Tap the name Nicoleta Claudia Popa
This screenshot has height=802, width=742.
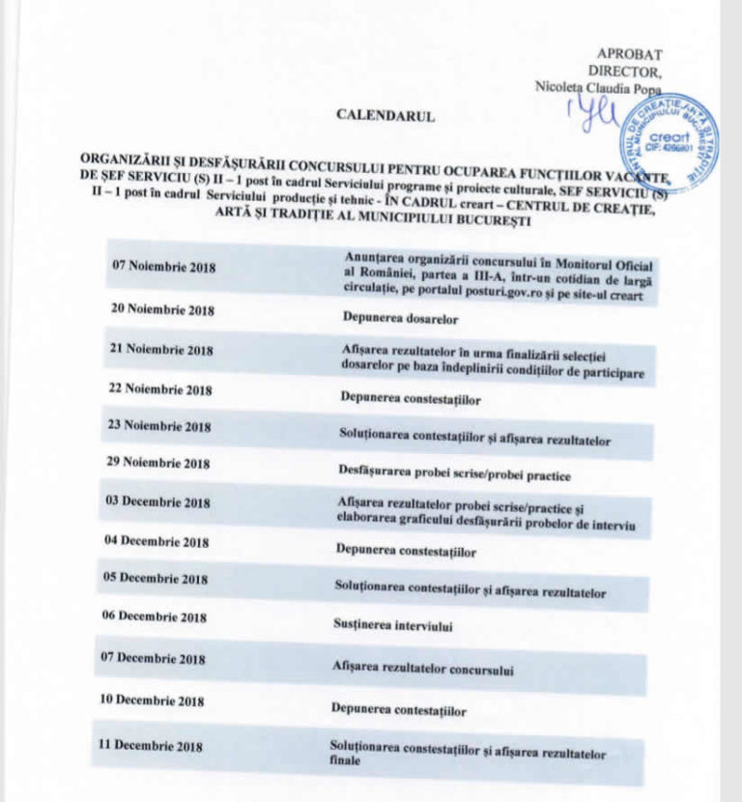click(598, 87)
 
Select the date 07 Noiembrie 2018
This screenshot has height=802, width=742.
click(164, 266)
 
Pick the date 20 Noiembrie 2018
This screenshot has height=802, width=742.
click(163, 311)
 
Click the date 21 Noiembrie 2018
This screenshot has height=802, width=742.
click(162, 350)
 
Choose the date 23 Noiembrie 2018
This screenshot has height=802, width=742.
click(160, 426)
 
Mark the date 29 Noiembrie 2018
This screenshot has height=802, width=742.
click(158, 464)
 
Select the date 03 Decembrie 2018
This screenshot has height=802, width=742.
click(157, 502)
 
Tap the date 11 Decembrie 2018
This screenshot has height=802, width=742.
click(151, 746)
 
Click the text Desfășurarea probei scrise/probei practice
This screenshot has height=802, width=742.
click(455, 475)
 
